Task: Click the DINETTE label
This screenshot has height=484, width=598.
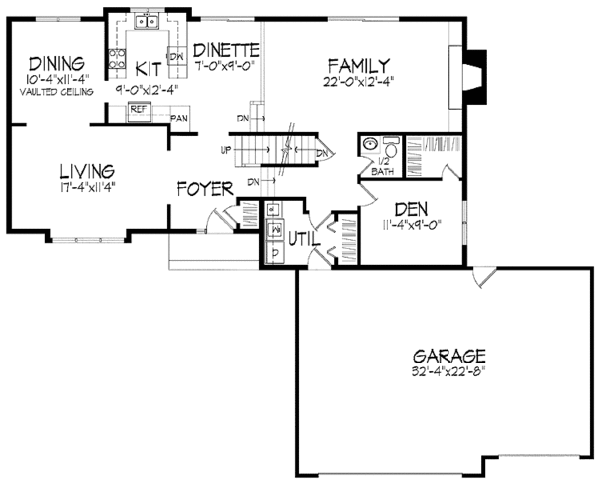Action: click(226, 50)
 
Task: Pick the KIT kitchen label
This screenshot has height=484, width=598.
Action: click(148, 68)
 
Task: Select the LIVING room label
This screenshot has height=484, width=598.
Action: click(86, 171)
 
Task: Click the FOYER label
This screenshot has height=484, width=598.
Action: click(205, 188)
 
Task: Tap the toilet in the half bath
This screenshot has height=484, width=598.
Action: click(389, 147)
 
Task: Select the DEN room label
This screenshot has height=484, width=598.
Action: click(411, 209)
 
